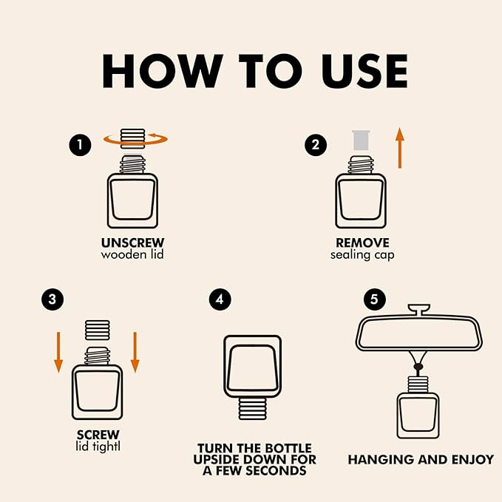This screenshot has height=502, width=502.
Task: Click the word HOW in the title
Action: coord(163,71)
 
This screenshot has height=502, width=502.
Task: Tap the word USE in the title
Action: coord(365,71)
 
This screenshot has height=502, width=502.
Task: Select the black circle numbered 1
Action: coord(80,145)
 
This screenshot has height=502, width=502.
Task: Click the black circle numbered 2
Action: coord(316,145)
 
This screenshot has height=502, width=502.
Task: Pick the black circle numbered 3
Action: coord(52,299)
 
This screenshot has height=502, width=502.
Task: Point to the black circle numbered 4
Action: coord(220,299)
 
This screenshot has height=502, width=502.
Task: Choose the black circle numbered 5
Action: coord(374,299)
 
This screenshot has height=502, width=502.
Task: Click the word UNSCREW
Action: coord(132,243)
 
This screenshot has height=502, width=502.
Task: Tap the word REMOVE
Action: coord(362,243)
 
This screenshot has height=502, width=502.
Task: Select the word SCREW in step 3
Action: coord(98,435)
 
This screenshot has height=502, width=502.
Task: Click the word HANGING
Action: coord(381,460)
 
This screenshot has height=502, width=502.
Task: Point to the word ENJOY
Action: coord(473,460)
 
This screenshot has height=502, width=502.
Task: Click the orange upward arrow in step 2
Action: coord(399,148)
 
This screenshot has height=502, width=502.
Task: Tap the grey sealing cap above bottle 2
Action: coord(361,140)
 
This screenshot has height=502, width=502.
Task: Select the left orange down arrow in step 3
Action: coord(58,352)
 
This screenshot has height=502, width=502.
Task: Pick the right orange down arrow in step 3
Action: coord(135,352)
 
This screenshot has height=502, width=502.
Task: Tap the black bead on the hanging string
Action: coord(418,367)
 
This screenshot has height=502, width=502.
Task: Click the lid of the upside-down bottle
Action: coord(253,409)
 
